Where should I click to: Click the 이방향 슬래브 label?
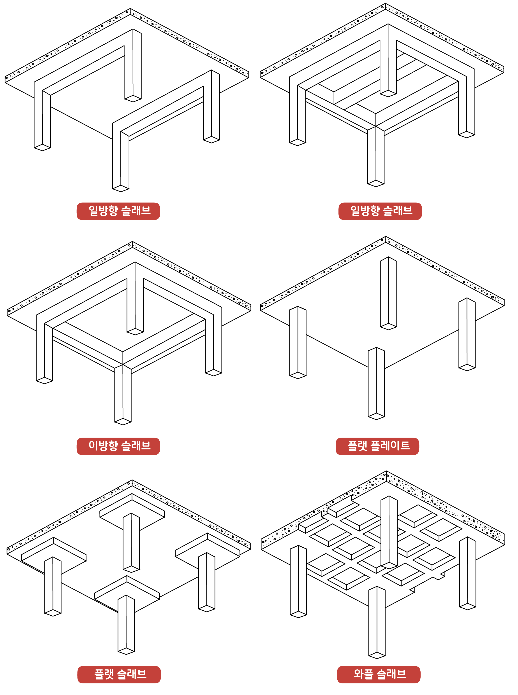tap(118, 446)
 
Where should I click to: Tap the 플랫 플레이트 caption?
tap(377, 446)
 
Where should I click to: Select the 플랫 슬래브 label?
tap(119, 674)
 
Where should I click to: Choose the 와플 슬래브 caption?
tap(379, 674)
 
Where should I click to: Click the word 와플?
tap(363, 674)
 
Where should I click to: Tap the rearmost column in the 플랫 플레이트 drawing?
tap(388, 293)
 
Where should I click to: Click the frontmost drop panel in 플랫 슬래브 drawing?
tap(127, 588)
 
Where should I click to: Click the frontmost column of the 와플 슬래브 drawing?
tap(377, 622)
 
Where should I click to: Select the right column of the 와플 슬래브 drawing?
tap(467, 573)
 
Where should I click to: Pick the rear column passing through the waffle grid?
tap(389, 533)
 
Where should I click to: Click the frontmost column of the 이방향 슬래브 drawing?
tap(123, 395)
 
